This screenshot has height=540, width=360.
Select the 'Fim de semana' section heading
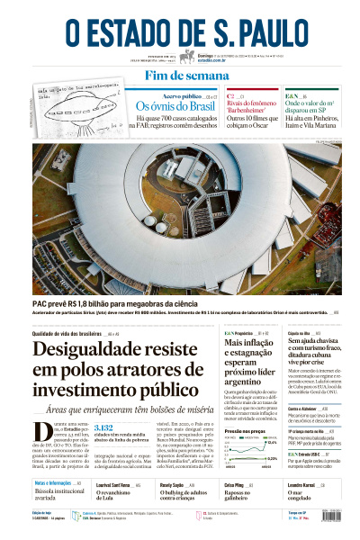coord(179,76)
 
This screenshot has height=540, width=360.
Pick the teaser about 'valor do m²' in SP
coord(310,107)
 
